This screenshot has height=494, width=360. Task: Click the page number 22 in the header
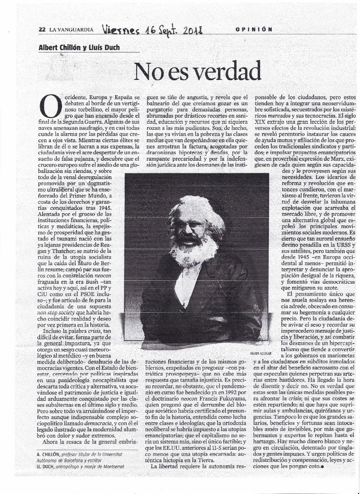click(42, 29)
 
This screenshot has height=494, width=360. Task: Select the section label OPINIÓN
click(254, 29)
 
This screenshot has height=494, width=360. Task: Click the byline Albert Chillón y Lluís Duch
click(79, 47)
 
